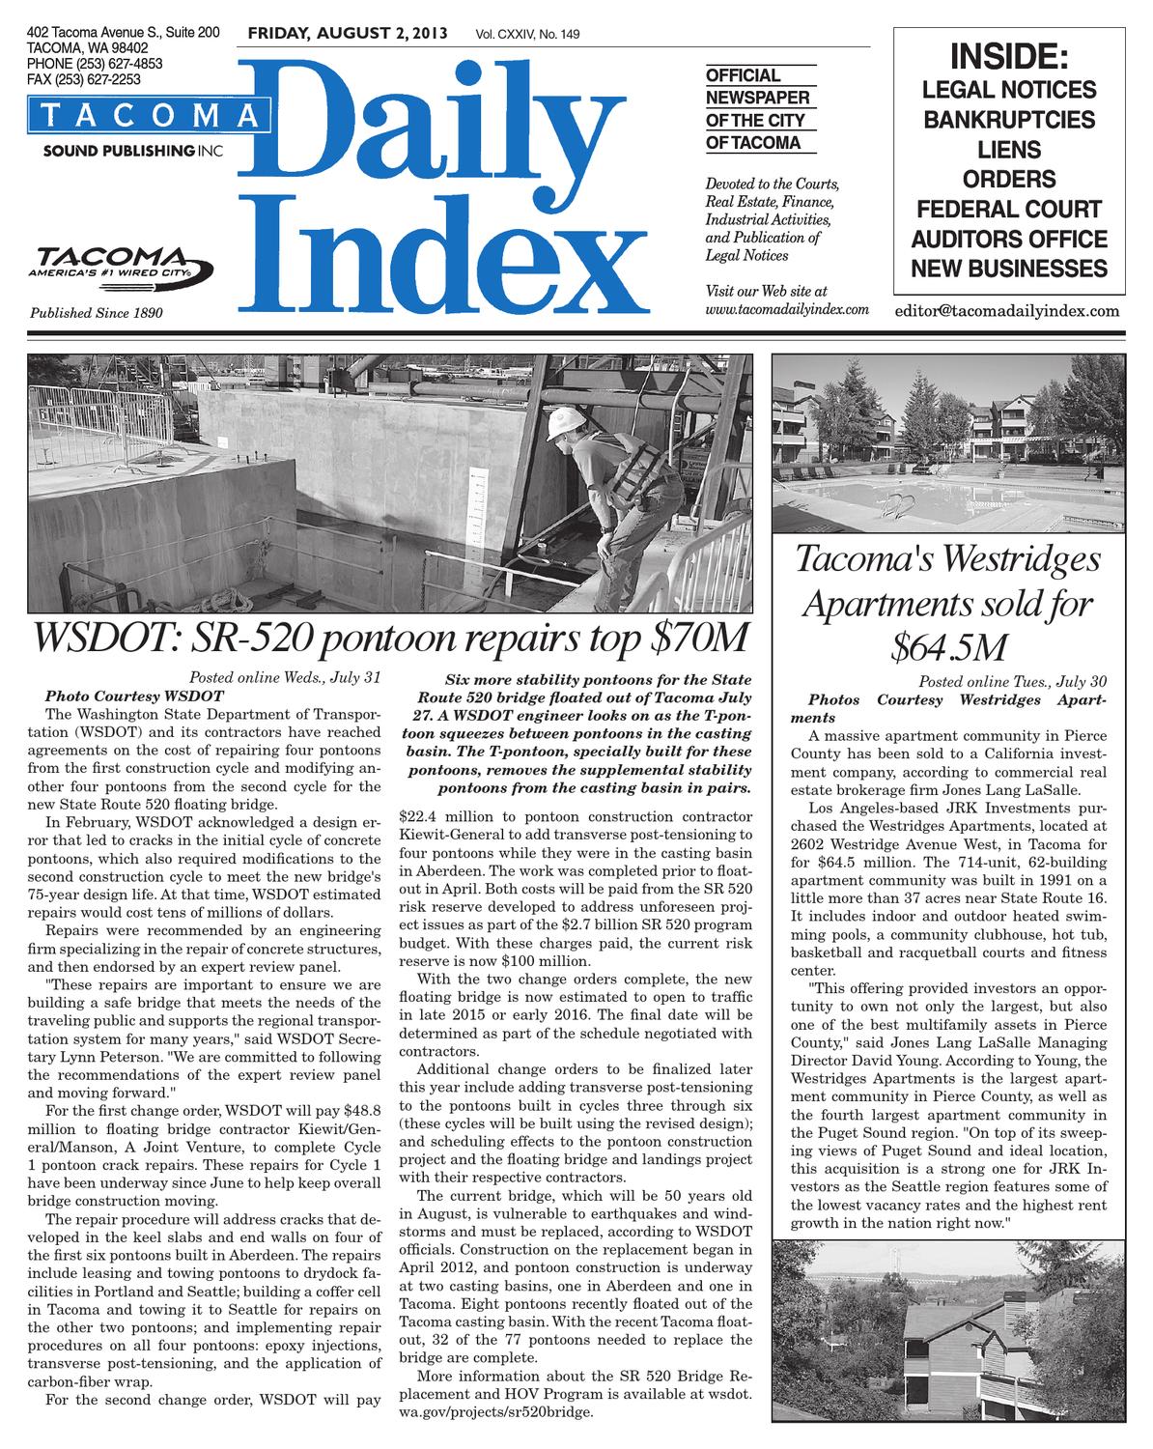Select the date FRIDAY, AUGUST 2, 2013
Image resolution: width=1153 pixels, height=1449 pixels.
tap(348, 34)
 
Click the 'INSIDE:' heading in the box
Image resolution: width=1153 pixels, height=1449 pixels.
tap(1008, 57)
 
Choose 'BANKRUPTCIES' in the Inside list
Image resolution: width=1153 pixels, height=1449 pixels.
tap(1008, 120)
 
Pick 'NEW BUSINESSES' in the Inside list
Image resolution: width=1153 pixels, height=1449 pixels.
tap(1008, 268)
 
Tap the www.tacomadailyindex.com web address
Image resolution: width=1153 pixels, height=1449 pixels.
tap(787, 309)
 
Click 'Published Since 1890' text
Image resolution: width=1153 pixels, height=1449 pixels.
tap(97, 313)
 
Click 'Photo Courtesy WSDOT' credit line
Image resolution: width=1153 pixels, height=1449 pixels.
tap(134, 696)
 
